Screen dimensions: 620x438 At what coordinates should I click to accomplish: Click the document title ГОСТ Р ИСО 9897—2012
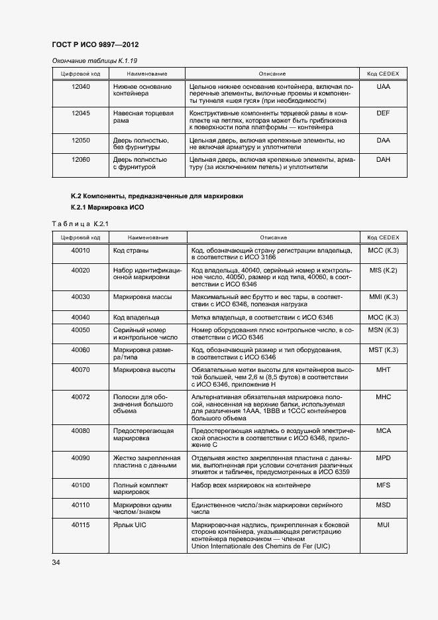tap(95, 45)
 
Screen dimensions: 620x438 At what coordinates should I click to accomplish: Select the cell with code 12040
tap(80, 87)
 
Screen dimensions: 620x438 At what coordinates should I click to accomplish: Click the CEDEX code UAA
tap(383, 87)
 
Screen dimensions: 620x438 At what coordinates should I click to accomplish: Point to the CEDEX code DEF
tap(383, 113)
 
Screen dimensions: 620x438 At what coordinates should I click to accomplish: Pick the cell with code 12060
tap(80, 160)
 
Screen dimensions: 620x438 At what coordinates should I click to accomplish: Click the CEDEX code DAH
tap(383, 160)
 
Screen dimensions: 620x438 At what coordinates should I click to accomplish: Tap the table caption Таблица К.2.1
tap(80, 223)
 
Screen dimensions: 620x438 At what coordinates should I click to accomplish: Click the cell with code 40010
tap(80, 251)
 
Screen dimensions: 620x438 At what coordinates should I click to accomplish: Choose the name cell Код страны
tap(131, 251)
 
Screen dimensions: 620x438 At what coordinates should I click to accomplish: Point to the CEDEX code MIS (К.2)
tap(383, 270)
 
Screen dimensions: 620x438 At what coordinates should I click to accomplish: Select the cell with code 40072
tap(80, 396)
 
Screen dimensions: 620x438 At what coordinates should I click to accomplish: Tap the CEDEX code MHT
tap(383, 369)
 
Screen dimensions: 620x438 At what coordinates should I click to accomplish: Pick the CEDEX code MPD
tap(383, 458)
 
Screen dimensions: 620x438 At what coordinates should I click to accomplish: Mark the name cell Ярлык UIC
tap(129, 525)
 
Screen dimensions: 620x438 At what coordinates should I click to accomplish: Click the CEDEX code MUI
tap(383, 525)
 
